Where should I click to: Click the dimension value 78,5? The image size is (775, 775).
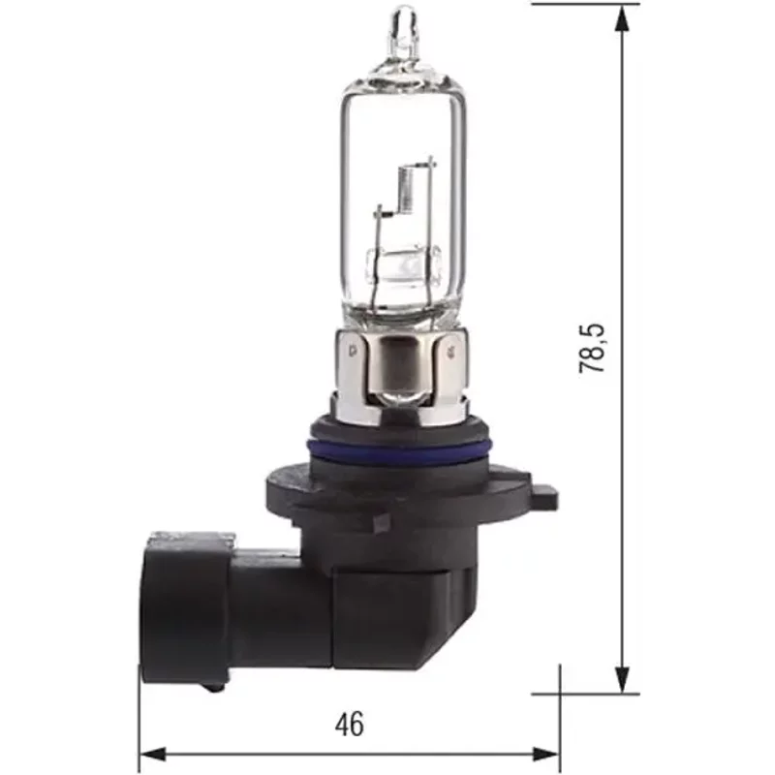593,349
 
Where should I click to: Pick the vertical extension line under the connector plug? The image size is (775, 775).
140,727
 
